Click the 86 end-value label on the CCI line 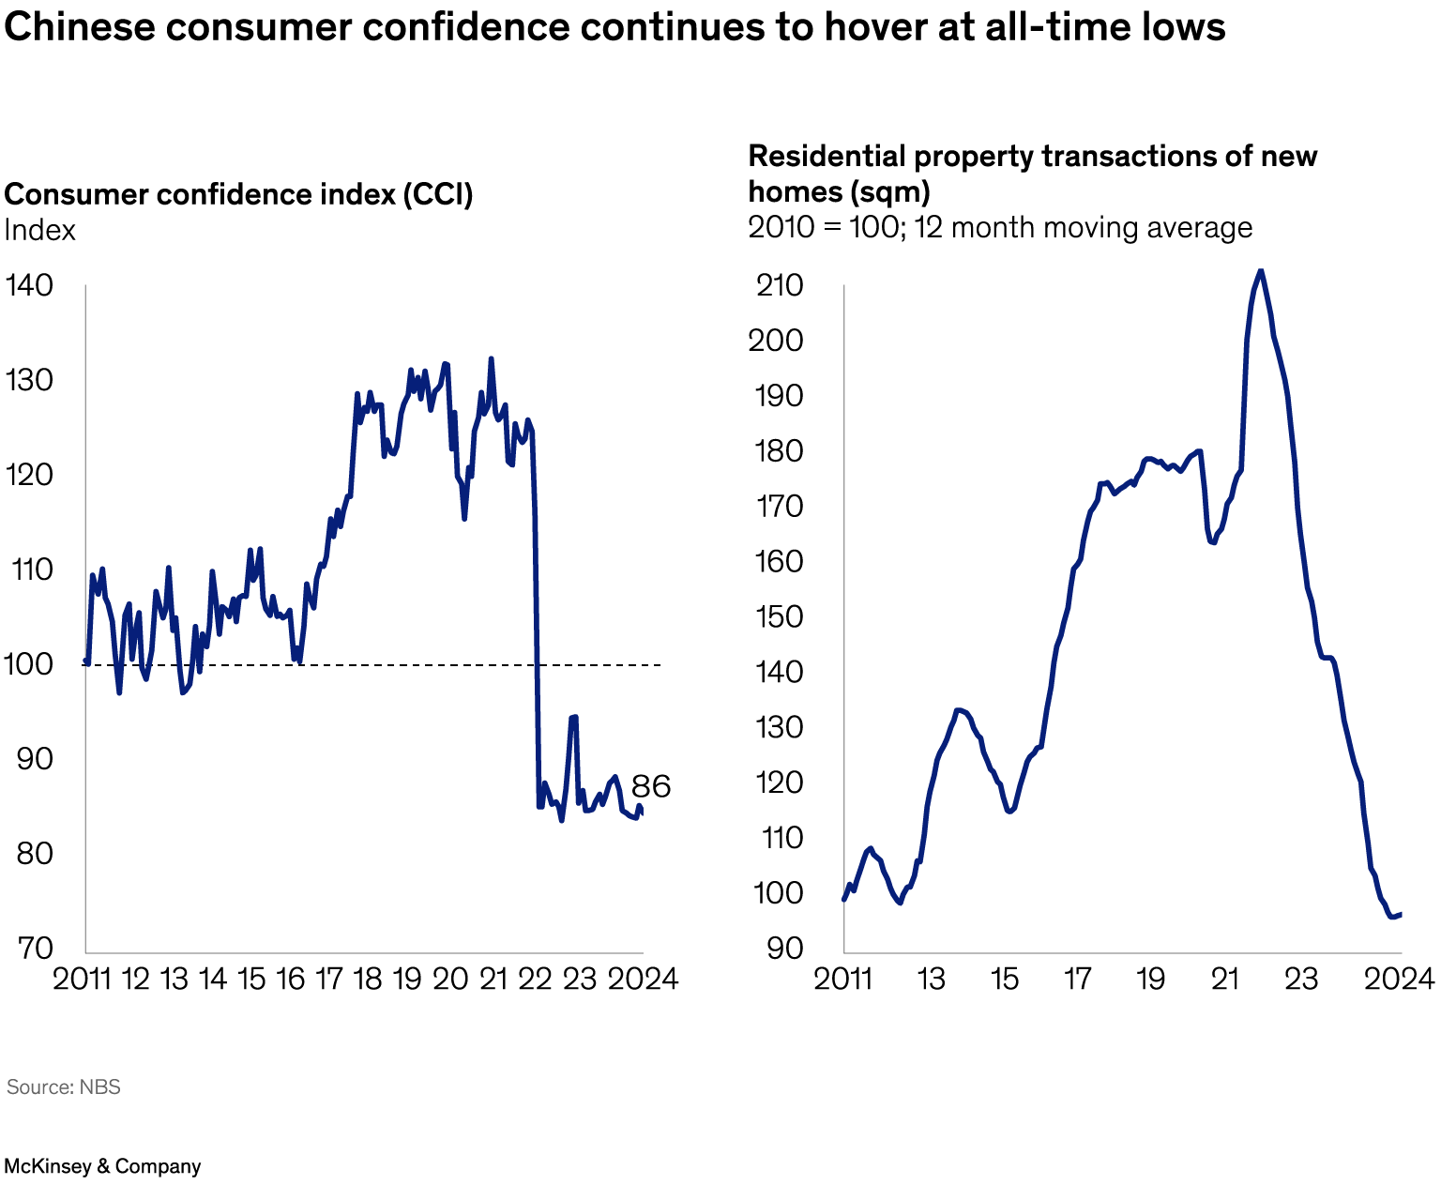click(650, 786)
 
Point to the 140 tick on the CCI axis click(29, 285)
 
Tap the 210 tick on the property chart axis click(780, 285)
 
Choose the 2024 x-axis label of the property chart click(1399, 979)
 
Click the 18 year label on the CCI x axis click(368, 979)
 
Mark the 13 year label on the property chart click(931, 979)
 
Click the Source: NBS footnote click(64, 1086)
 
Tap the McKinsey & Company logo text click(102, 1166)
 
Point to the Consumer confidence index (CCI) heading click(238, 194)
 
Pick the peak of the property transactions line click(1260, 270)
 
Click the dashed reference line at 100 click(422, 665)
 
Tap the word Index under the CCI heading click(39, 230)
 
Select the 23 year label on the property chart click(1300, 979)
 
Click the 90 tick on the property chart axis click(785, 948)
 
